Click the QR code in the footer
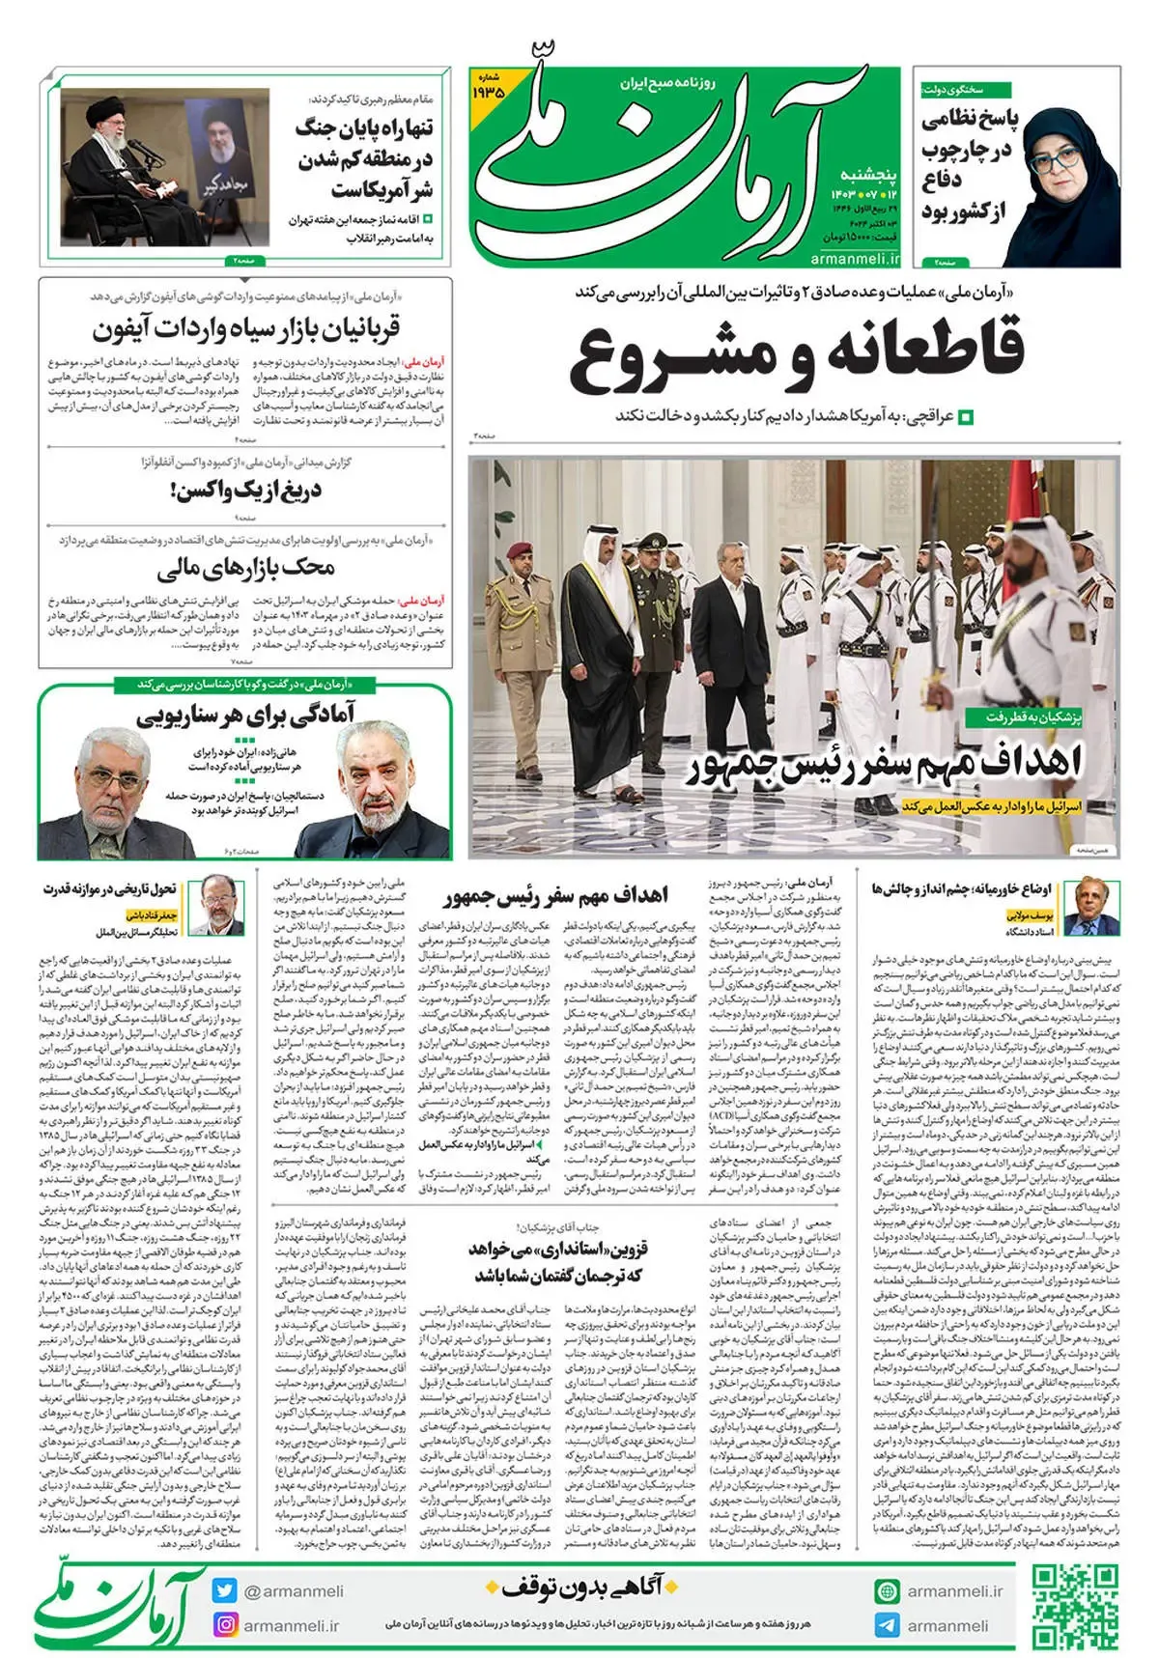click(1074, 1606)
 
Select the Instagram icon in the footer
click(225, 1624)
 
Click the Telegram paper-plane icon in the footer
click(886, 1624)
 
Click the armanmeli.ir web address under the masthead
click(856, 258)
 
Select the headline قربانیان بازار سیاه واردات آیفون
click(246, 329)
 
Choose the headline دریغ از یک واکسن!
click(246, 492)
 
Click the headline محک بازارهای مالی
click(246, 568)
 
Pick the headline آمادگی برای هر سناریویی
click(245, 715)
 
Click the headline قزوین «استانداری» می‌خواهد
click(558, 1261)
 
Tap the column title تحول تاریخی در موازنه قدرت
click(109, 888)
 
